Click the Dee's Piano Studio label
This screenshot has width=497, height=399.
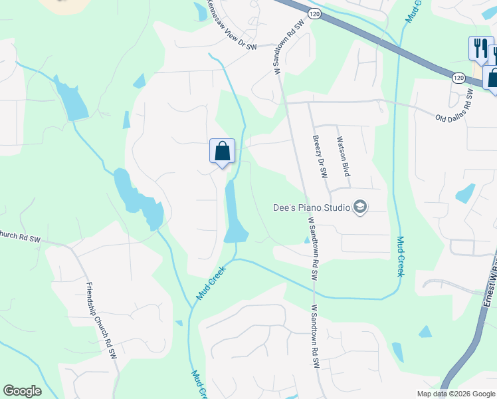click(x=312, y=207)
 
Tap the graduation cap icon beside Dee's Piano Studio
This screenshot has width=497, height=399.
click(x=360, y=207)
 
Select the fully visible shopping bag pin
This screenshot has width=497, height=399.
click(x=222, y=152)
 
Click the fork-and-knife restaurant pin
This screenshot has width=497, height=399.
click(x=480, y=49)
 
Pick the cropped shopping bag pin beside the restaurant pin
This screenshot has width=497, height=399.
click(x=492, y=78)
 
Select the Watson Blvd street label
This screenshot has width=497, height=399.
click(x=343, y=157)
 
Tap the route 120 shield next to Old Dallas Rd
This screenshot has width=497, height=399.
click(x=458, y=78)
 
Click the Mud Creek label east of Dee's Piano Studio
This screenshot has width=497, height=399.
click(x=401, y=256)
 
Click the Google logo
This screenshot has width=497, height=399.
click(x=22, y=391)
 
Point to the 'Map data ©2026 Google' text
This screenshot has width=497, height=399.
click(x=456, y=394)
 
